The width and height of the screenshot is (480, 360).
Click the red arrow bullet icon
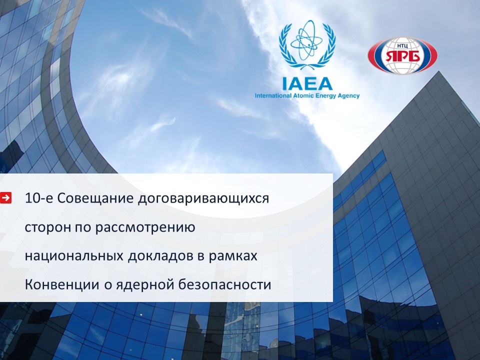point(5,198)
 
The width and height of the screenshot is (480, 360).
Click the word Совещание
point(95,198)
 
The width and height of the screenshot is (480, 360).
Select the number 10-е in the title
point(39,198)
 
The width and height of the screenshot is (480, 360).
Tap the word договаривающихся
point(203,199)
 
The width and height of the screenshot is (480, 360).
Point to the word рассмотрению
point(145,228)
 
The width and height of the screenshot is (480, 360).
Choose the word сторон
point(47,228)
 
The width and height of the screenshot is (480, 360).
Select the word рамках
point(233,256)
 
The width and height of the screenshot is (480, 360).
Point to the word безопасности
point(224,284)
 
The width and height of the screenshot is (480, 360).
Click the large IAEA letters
point(307,83)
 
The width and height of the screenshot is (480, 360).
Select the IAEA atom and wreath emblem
point(307,45)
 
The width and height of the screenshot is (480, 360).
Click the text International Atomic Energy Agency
point(307,96)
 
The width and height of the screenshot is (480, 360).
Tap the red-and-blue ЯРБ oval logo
point(402,55)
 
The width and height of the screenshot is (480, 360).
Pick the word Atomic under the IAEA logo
point(302,96)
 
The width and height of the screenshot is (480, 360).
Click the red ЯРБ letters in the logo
point(402,56)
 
